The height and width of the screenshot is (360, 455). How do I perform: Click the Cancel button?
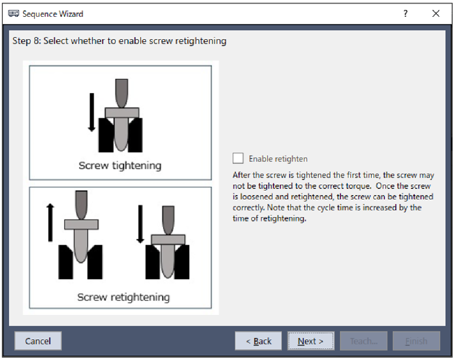point(38,341)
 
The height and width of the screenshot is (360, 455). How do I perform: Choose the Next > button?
point(311,341)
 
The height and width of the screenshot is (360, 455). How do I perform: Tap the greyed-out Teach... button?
point(364,341)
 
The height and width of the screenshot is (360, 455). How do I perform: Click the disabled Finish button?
point(417,341)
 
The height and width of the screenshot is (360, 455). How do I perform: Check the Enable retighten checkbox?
point(238,158)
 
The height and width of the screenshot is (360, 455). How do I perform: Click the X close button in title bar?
point(436,13)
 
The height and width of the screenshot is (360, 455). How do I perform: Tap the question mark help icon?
point(405,13)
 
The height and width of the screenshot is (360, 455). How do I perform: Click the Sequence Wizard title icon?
point(14,13)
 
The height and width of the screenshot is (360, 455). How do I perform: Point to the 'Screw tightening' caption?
point(120,165)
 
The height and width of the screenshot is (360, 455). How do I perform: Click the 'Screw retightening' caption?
point(123,297)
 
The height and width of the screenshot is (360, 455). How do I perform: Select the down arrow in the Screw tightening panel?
point(92,112)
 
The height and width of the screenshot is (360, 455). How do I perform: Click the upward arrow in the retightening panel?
point(50,222)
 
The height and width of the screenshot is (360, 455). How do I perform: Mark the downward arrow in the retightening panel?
point(140,224)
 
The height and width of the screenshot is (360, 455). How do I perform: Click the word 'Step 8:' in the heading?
point(27,41)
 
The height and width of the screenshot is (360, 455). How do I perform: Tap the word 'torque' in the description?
point(359,186)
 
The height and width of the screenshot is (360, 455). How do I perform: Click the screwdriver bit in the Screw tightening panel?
point(122,93)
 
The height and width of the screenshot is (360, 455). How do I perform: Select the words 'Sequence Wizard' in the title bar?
point(53,14)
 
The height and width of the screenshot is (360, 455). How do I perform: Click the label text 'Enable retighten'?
point(278,159)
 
